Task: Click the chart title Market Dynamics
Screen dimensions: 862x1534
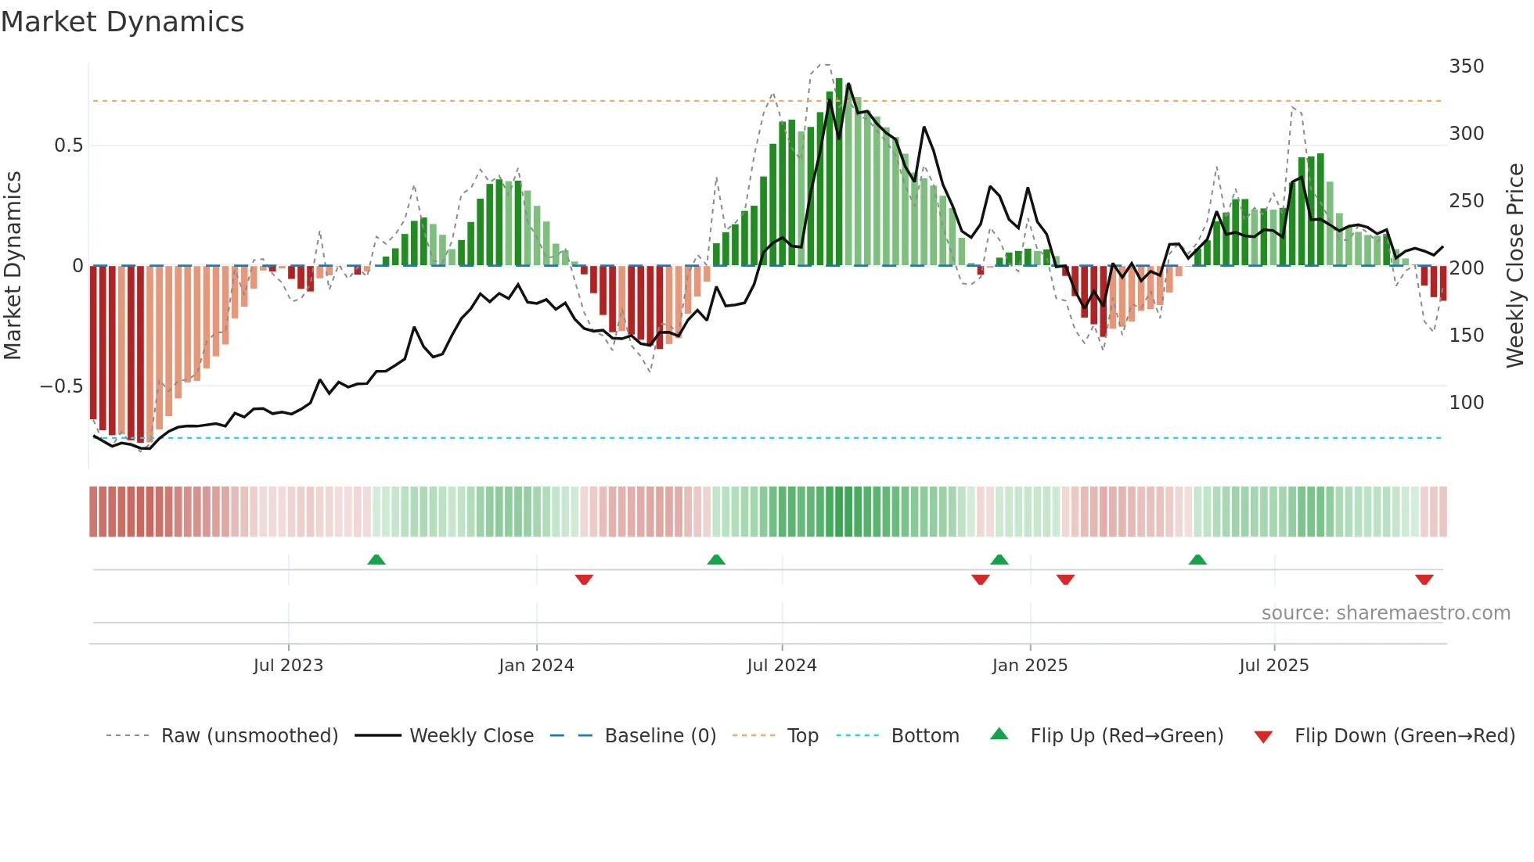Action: click(123, 22)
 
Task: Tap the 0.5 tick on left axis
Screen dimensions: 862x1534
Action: click(68, 145)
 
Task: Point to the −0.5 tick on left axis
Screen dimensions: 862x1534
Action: click(62, 386)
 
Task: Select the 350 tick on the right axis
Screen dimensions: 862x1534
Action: click(1466, 66)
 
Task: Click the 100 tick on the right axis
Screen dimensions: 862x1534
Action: click(1466, 403)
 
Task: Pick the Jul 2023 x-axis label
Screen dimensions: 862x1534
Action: click(288, 666)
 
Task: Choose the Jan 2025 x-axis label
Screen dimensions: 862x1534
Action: click(1029, 666)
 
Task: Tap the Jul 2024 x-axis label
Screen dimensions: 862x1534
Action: click(781, 666)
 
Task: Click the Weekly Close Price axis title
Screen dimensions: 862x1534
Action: click(1515, 266)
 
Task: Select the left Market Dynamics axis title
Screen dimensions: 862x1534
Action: click(13, 266)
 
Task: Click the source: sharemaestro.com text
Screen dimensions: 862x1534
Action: click(1385, 613)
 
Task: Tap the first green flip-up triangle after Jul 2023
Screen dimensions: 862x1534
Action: click(376, 559)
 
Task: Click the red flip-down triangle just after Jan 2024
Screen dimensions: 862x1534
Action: click(584, 580)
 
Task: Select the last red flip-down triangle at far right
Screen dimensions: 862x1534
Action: click(1424, 580)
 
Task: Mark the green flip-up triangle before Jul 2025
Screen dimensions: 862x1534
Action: click(1197, 559)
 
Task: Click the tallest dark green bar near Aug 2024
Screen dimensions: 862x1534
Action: click(839, 172)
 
